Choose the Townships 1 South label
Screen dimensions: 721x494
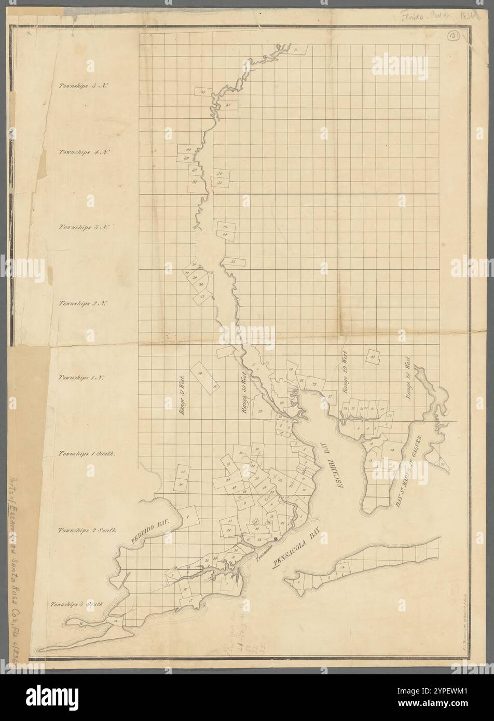87,453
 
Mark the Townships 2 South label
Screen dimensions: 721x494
87,531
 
